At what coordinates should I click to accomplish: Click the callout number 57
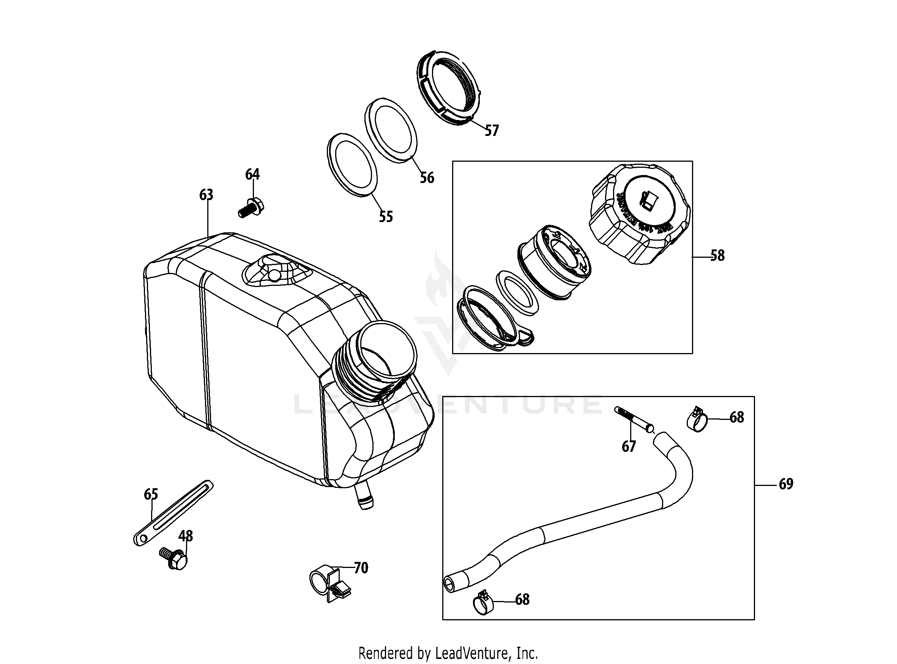[x=492, y=131]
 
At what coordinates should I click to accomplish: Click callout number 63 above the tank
[x=206, y=195]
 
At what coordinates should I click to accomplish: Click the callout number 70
[x=361, y=568]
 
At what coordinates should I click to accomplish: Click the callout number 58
[x=717, y=256]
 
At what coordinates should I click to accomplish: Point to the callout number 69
[x=786, y=484]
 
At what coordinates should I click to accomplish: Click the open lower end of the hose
[x=450, y=583]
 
